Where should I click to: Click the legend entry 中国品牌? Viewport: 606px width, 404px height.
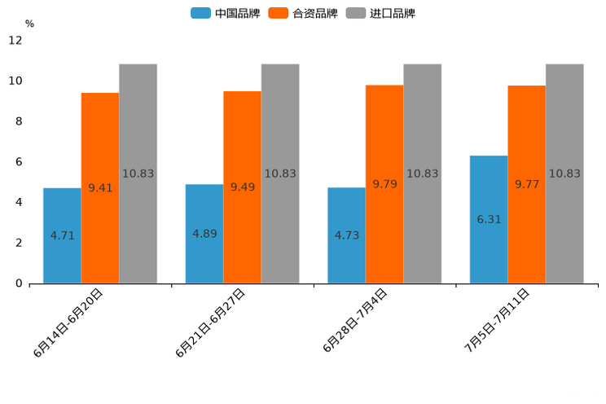[x=226, y=13]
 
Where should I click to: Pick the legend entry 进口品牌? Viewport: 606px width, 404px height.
[x=380, y=13]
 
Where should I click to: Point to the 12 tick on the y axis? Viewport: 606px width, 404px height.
[x=15, y=40]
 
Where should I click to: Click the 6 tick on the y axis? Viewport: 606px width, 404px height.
[x=19, y=162]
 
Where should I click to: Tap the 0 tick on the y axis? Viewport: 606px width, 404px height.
[x=19, y=283]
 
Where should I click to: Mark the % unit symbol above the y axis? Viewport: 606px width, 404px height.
[x=29, y=24]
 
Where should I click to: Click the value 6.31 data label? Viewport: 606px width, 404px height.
[x=489, y=219]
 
